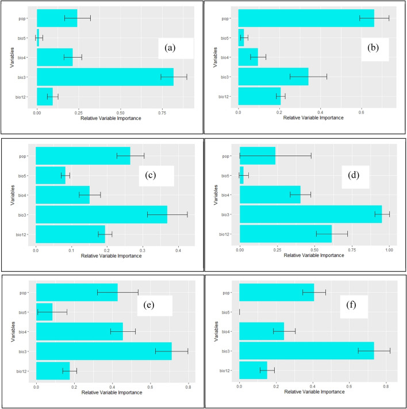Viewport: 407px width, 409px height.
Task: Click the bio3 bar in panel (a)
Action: pyautogui.click(x=105, y=77)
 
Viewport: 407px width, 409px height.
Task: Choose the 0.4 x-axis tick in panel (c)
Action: pyautogui.click(x=178, y=250)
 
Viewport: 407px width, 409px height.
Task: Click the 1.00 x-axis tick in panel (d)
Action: pyautogui.click(x=389, y=250)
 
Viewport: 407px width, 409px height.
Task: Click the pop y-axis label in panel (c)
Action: pyautogui.click(x=26, y=156)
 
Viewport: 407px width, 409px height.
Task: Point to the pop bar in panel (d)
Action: pyautogui.click(x=258, y=156)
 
